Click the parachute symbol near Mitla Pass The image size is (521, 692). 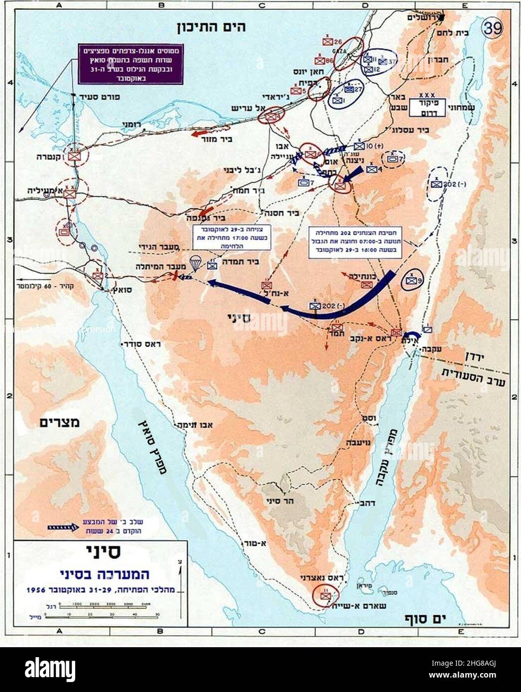click(195, 260)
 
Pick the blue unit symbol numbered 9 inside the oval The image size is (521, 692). click(413, 281)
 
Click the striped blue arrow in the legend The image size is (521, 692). click(61, 527)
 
